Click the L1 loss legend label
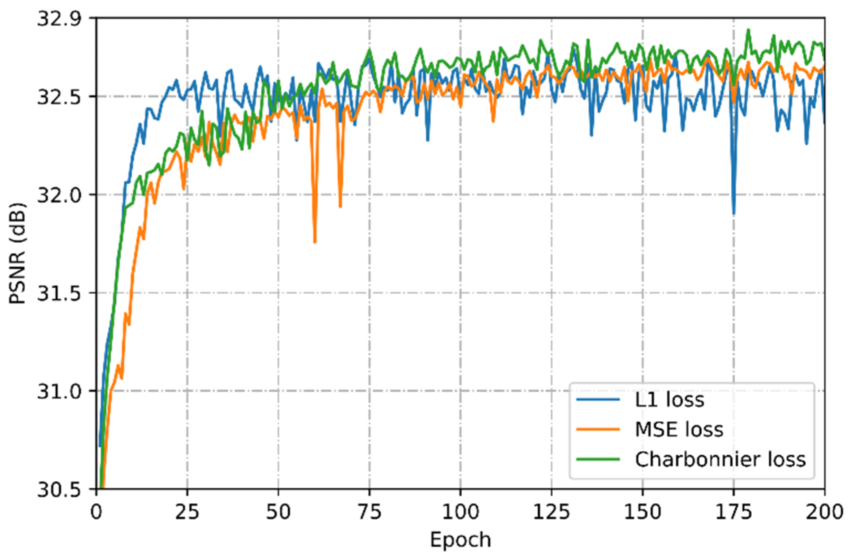[x=669, y=400]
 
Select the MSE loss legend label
[x=679, y=429]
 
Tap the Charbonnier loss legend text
[x=720, y=459]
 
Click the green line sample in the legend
[x=598, y=459]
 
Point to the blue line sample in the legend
[x=598, y=400]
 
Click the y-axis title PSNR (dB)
[x=17, y=253]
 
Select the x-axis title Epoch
[x=460, y=540]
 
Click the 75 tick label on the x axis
[x=369, y=512]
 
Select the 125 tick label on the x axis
[x=551, y=512]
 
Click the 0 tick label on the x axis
[x=96, y=512]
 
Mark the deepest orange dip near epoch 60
[x=315, y=242]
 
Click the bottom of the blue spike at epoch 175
[x=734, y=213]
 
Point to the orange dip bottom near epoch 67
[x=340, y=207]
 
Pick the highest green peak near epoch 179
[x=748, y=30]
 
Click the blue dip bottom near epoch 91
[x=428, y=140]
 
